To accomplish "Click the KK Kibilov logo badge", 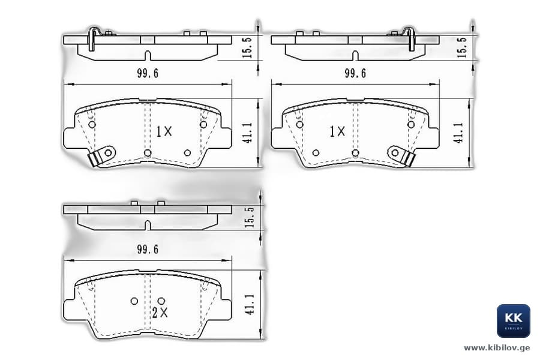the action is pos(513,321).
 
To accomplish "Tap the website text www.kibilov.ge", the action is pos(497,348).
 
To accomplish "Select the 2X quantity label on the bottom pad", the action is pos(160,313).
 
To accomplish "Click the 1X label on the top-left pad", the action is pos(164,131).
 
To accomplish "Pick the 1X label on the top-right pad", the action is pos(337,131).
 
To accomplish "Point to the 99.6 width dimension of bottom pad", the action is pos(148,249).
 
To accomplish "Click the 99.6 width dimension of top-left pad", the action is pos(148,73).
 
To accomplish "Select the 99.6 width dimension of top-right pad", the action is pos(355,73).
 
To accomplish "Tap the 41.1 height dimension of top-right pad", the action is pos(458,133).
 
